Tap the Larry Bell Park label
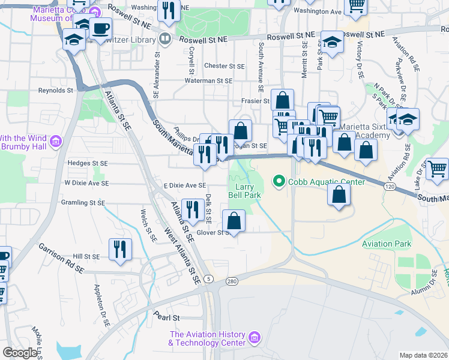[x=244, y=191]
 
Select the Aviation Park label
[x=387, y=244]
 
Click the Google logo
[x=19, y=353]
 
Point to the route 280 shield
[x=232, y=281]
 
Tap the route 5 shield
[x=208, y=278]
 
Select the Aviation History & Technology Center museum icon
[x=255, y=338]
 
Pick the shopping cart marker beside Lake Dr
[x=436, y=168]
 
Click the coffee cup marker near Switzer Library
[x=101, y=28]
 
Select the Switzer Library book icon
[x=164, y=38]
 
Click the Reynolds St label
[x=55, y=91]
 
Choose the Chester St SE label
[x=224, y=66]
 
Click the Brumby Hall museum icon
[x=56, y=142]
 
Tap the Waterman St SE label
[x=208, y=80]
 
